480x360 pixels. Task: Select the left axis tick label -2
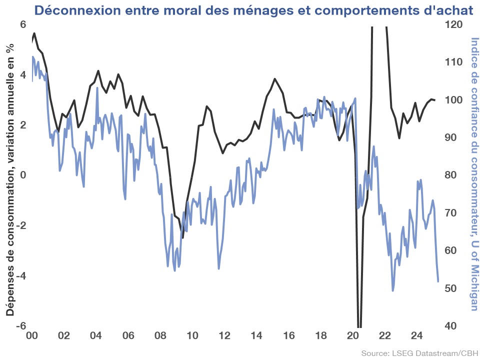[20, 225]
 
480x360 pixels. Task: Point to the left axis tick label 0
[23, 175]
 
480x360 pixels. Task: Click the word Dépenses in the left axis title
[10, 293]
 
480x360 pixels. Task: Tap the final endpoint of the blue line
[438, 281]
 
